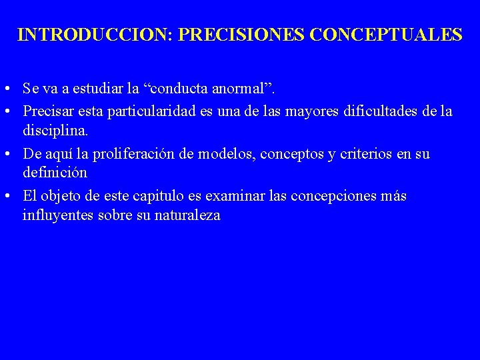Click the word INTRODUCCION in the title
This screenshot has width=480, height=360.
(x=94, y=35)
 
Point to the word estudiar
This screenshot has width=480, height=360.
(x=97, y=88)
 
